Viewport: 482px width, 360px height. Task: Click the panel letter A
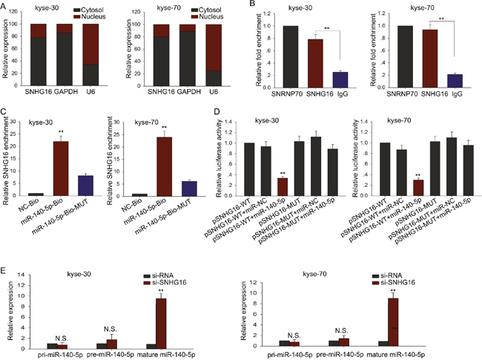(x=5, y=6)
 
